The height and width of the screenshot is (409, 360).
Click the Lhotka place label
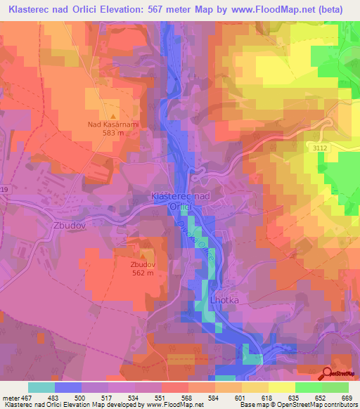[225, 300]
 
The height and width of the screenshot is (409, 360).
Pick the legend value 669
[346, 397]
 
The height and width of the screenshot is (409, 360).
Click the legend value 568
[188, 397]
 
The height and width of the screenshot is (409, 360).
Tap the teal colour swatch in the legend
[41, 387]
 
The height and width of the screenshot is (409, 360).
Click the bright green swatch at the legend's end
[335, 387]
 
